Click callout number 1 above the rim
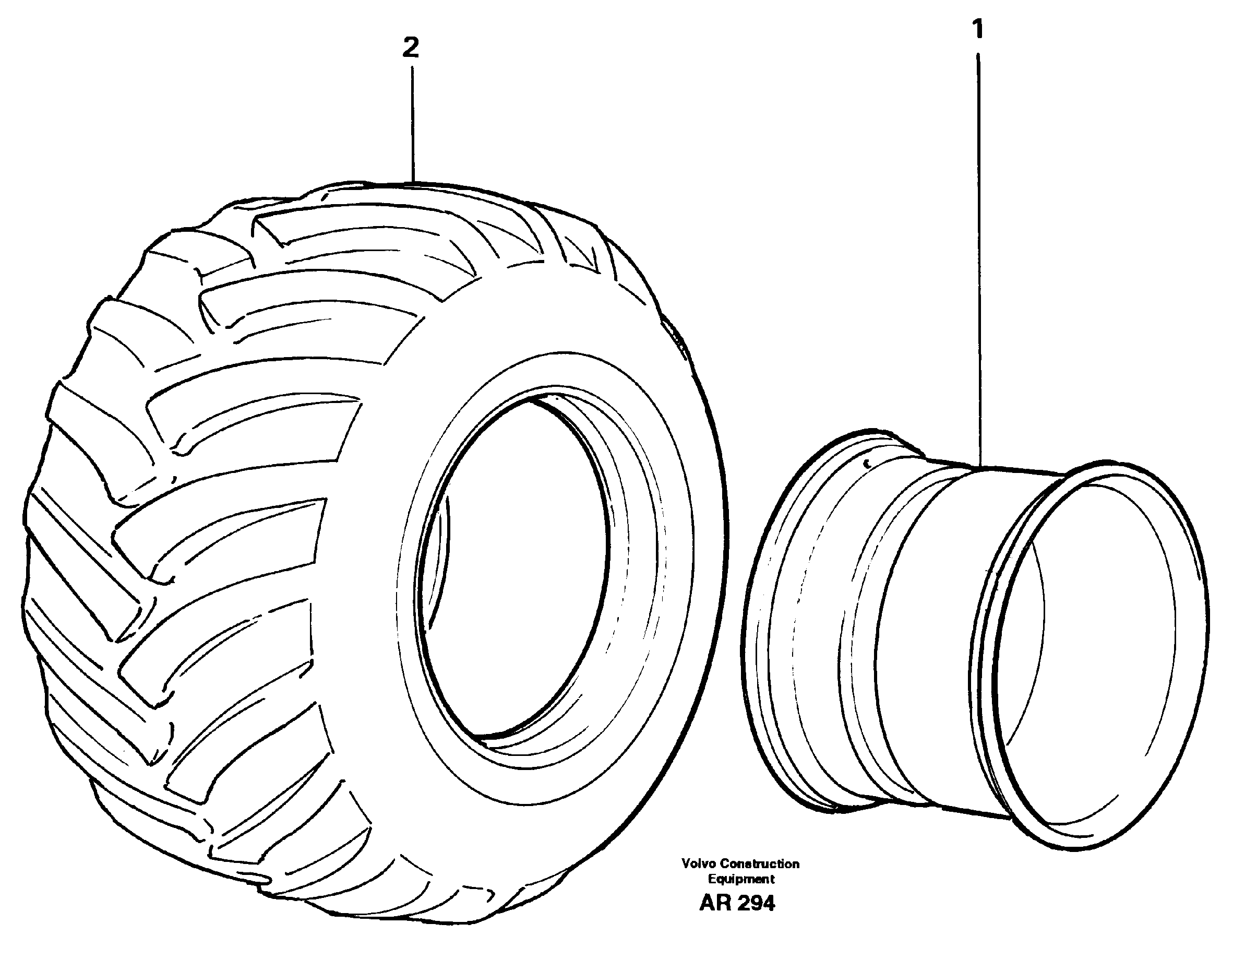point(978,29)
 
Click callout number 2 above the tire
point(411,48)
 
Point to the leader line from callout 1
point(978,254)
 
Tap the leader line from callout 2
point(413,124)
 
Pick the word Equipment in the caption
point(741,879)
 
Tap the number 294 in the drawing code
point(757,903)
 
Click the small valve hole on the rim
point(867,463)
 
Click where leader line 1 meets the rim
point(979,467)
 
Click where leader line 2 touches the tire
point(413,182)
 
